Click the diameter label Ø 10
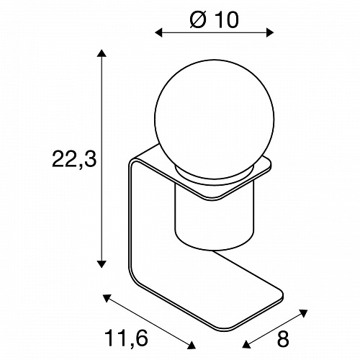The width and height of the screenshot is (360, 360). pyautogui.click(x=214, y=19)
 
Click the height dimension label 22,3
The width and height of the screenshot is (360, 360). pyautogui.click(x=74, y=159)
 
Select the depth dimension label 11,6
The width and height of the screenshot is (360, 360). pyautogui.click(x=126, y=338)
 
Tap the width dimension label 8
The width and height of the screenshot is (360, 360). pyautogui.click(x=283, y=339)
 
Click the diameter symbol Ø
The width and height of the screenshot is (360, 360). pyautogui.click(x=198, y=19)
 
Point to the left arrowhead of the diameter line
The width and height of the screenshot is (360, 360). pyautogui.click(x=158, y=32)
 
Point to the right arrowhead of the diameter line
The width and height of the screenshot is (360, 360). pyautogui.click(x=270, y=32)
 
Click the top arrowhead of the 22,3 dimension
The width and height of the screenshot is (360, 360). pyautogui.click(x=102, y=53)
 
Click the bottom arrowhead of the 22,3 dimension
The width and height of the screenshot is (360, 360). pyautogui.click(x=102, y=264)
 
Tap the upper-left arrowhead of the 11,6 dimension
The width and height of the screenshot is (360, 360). pyautogui.click(x=107, y=297)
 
